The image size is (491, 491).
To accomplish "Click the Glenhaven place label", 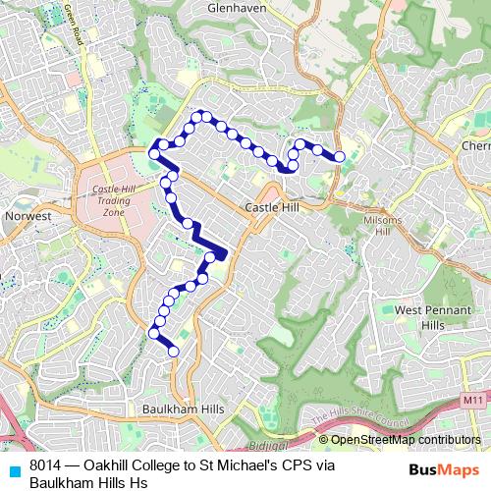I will coord(238,7).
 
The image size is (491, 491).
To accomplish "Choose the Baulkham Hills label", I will coord(184,409).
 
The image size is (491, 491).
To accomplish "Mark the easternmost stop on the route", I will coord(340,156).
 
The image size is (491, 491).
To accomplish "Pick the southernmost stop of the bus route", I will coord(174,351).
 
